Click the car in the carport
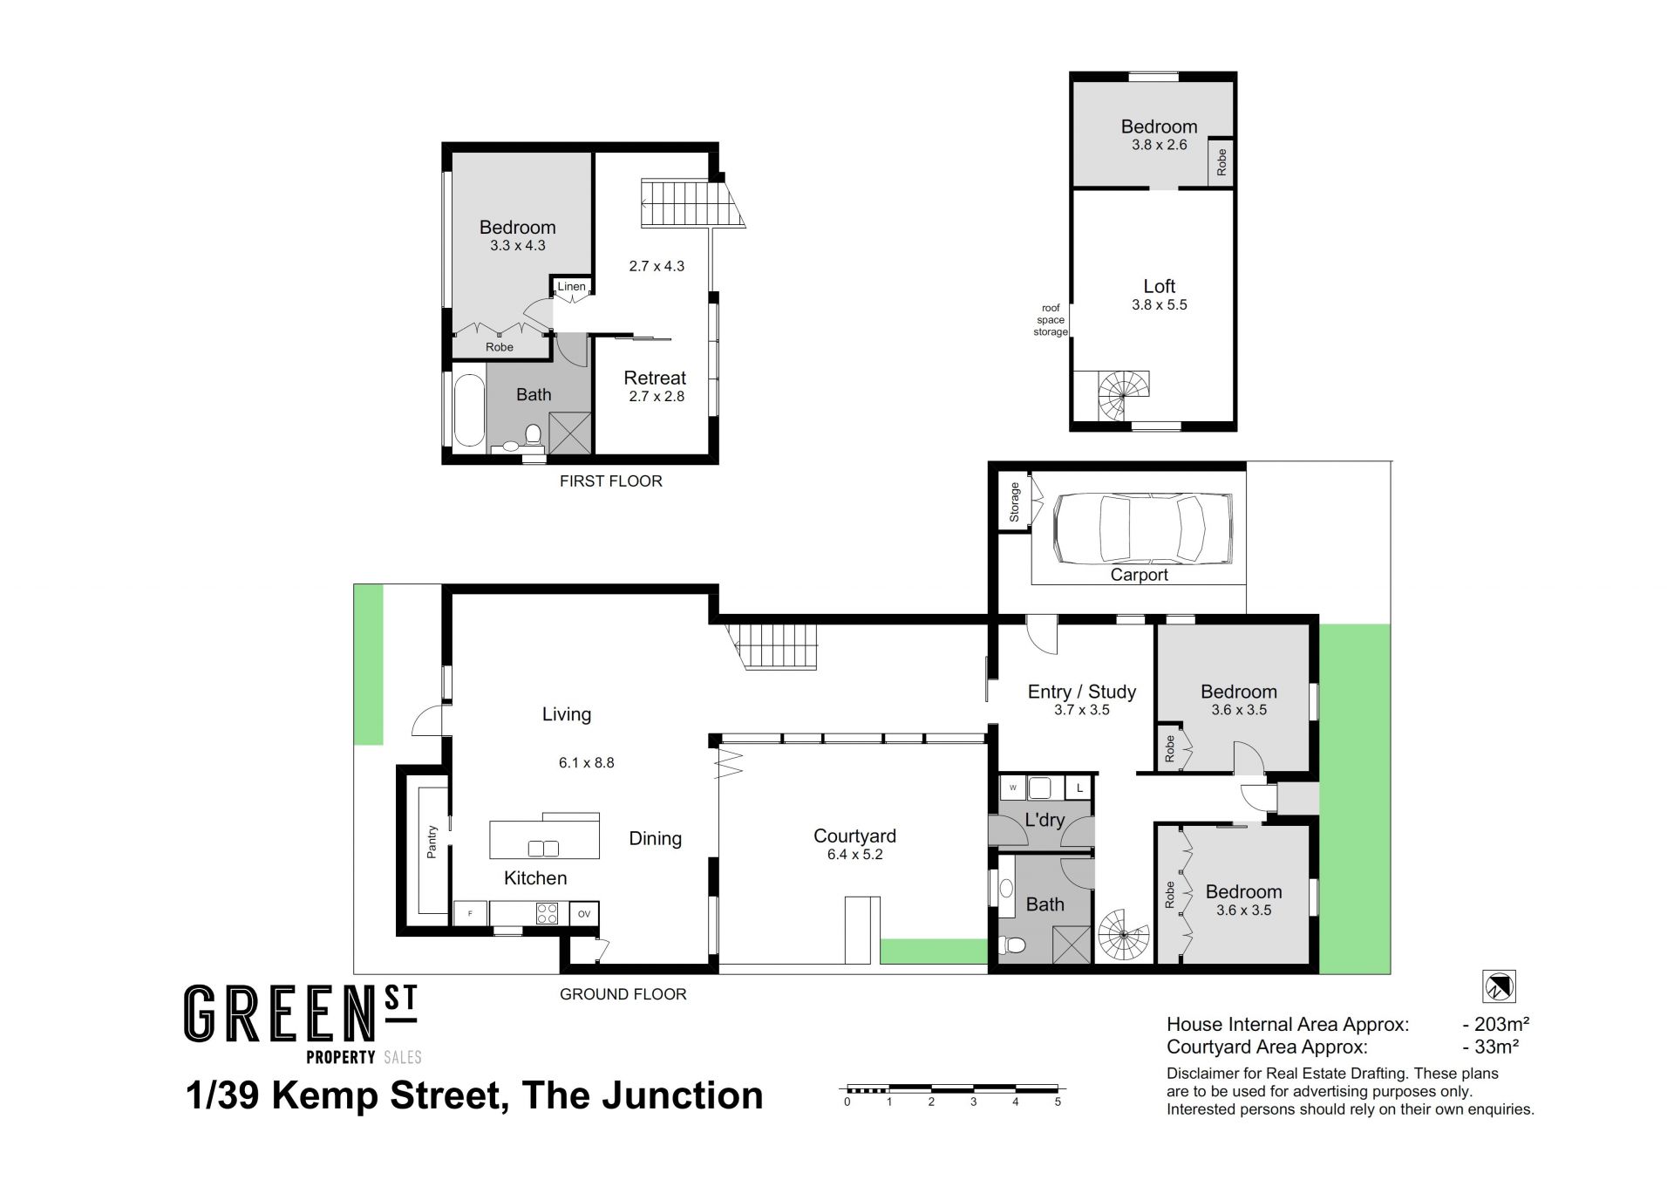(1142, 529)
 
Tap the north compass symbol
(1499, 986)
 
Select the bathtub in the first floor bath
(469, 411)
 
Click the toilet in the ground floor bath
(1013, 945)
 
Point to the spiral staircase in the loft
(1124, 396)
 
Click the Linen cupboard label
(572, 286)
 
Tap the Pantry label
(432, 842)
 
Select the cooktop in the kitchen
(547, 913)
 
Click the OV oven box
(584, 914)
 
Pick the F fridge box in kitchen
(471, 914)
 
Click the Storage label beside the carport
(1014, 501)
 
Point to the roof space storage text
(1051, 320)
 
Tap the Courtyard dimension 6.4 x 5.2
(854, 855)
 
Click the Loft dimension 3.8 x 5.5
(1160, 304)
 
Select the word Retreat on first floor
(655, 378)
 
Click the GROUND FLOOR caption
(623, 994)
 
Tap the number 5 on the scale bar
(1058, 1102)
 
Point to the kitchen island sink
(544, 848)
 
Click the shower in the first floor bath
(569, 433)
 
